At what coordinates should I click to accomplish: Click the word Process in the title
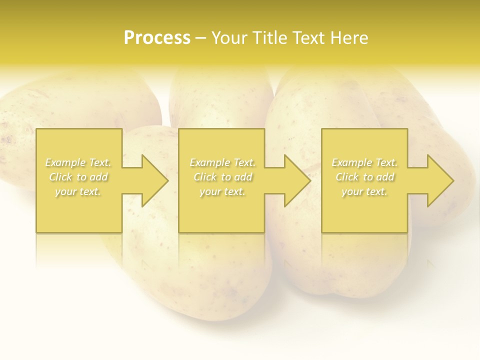(157, 38)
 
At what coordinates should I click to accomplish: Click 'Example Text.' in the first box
(78, 162)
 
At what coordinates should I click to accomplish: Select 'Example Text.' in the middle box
(222, 162)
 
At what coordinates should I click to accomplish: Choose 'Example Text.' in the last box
(364, 162)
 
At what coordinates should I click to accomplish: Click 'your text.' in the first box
(78, 191)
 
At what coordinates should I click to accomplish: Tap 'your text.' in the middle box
(222, 191)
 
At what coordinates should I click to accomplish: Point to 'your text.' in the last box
(364, 191)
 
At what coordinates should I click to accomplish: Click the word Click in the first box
(60, 177)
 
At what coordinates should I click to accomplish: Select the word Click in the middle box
(205, 177)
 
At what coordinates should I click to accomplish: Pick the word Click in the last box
(347, 177)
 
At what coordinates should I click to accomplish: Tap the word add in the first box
(99, 177)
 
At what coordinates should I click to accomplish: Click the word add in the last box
(385, 177)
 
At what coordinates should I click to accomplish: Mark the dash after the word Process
(201, 38)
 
